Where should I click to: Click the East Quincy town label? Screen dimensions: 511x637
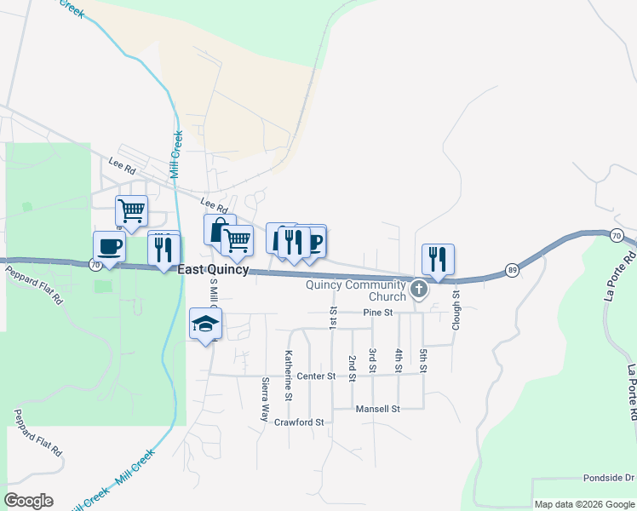213,269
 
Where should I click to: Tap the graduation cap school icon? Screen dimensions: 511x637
205,324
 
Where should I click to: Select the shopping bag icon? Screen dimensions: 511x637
219,229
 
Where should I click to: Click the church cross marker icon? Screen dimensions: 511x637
418,290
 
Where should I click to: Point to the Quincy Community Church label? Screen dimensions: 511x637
357,290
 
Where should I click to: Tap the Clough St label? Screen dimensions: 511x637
456,311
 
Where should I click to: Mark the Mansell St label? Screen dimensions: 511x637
378,409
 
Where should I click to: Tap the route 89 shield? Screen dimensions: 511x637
511,270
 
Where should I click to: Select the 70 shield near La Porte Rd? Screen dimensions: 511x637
617,235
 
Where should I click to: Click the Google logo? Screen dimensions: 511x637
28,501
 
